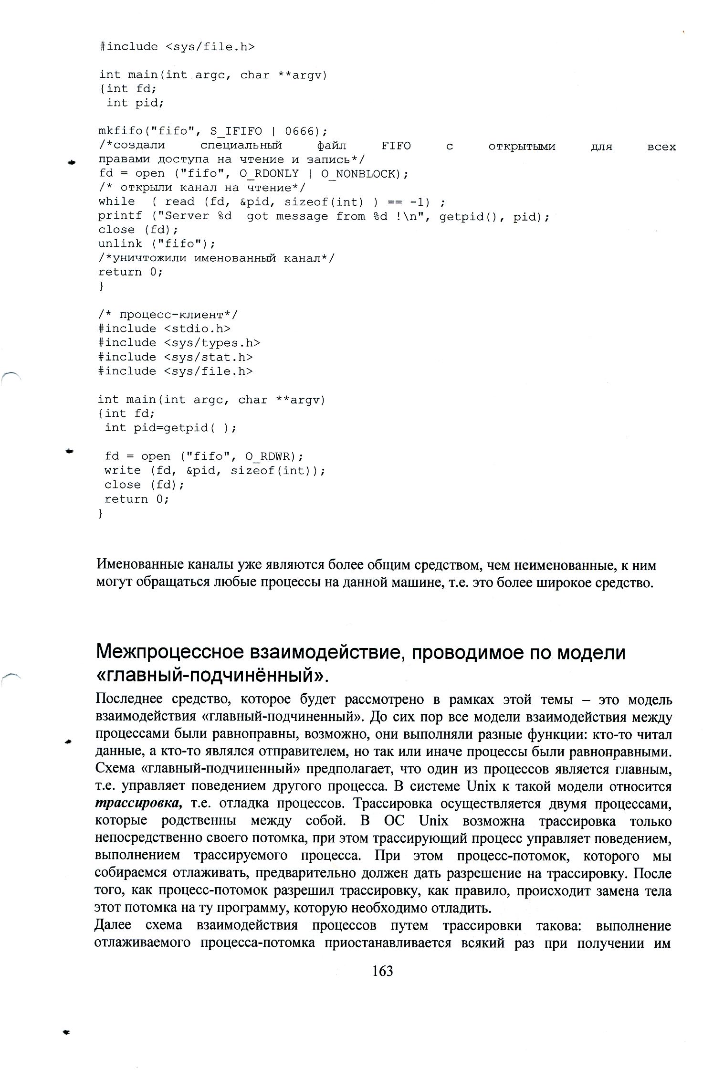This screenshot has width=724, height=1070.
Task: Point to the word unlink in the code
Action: [120, 244]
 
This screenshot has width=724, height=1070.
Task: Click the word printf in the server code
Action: [120, 216]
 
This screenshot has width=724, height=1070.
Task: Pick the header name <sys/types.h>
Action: [212, 343]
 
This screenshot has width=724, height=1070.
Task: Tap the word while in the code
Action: [116, 202]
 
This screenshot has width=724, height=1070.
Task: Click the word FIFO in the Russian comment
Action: [396, 146]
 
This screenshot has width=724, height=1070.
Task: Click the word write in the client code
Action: [123, 471]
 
